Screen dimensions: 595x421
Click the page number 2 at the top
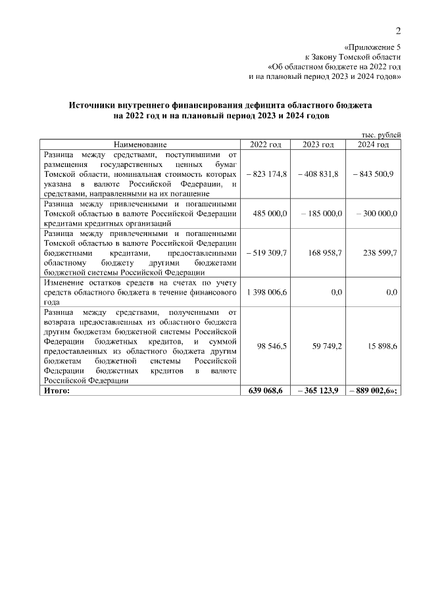point(397,32)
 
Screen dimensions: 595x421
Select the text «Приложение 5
point(372,47)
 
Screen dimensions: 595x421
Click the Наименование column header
point(140,144)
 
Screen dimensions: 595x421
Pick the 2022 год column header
point(266,144)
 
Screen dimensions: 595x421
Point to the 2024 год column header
point(373,144)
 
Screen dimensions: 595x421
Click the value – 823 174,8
point(266,174)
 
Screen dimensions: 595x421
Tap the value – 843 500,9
point(373,174)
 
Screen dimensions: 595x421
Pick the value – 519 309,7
point(266,252)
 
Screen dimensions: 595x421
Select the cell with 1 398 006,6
point(266,292)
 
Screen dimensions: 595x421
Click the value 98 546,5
point(270,345)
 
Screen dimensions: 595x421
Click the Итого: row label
point(57,391)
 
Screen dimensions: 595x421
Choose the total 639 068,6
point(266,391)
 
